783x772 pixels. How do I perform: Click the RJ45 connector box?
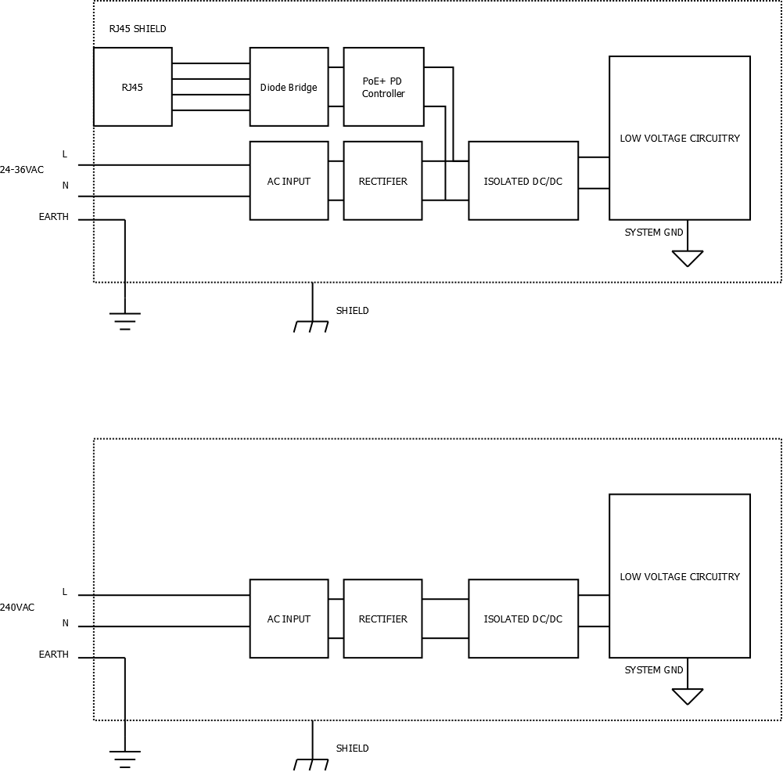tap(132, 87)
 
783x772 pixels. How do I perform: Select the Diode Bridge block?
tap(289, 87)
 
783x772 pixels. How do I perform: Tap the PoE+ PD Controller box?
tap(383, 87)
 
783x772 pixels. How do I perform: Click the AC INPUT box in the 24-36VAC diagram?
tap(289, 181)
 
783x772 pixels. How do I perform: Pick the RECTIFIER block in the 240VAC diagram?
tap(383, 619)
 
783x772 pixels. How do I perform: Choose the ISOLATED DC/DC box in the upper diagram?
tap(523, 181)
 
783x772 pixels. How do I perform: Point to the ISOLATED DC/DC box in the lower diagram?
tap(523, 619)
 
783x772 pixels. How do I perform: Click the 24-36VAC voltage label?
tap(22, 170)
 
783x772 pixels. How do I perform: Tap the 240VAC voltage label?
tap(17, 608)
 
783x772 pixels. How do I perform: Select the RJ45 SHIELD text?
tap(138, 29)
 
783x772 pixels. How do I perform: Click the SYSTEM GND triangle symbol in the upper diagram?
tap(688, 258)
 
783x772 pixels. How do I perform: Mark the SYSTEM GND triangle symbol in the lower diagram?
tap(688, 695)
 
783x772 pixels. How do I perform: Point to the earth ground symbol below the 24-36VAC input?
tap(125, 319)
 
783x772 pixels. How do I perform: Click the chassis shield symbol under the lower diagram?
tap(311, 763)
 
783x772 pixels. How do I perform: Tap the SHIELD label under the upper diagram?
tap(352, 311)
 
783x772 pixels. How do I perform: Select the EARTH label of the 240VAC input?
tap(54, 655)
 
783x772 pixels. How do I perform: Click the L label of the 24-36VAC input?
tap(65, 154)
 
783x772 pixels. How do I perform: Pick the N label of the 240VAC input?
tap(65, 623)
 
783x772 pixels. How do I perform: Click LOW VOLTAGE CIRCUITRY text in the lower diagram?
tap(680, 577)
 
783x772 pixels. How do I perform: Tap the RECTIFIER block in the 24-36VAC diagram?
tap(383, 181)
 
